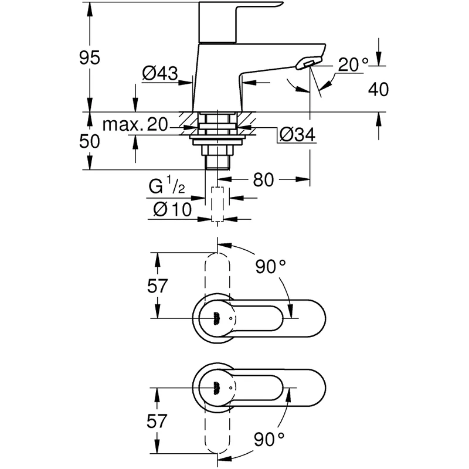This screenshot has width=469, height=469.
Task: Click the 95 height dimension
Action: (90, 57)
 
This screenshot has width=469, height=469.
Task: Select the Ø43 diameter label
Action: (160, 73)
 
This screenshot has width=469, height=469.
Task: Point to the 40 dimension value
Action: (378, 89)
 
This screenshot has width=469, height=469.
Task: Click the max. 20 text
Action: (135, 124)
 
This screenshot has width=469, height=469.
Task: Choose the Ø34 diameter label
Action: (297, 135)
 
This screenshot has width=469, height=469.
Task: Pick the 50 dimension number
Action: (90, 141)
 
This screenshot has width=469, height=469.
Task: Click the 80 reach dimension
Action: (263, 180)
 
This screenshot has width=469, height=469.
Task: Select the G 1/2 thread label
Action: (166, 185)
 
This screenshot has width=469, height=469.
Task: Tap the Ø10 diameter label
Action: (172, 209)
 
